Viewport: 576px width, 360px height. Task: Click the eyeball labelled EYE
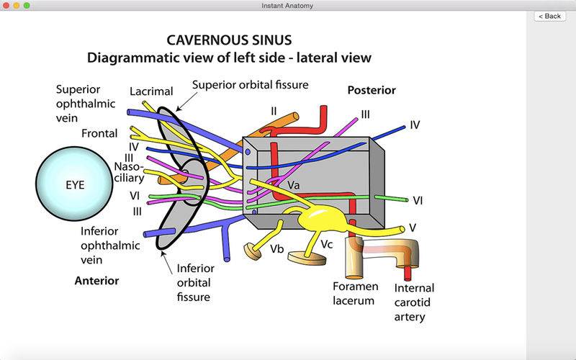tap(74, 184)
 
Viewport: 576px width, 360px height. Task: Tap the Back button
tap(549, 16)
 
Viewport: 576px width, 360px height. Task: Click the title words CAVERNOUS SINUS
tap(229, 40)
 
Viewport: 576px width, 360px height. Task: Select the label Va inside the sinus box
tap(293, 185)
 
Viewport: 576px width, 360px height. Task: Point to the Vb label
tap(277, 249)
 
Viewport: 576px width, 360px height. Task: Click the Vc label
tap(327, 244)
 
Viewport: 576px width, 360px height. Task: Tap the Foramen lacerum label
tap(355, 293)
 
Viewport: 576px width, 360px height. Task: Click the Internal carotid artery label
tap(414, 302)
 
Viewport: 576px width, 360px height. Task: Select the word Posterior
tap(372, 91)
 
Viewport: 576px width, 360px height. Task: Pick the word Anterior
tap(96, 281)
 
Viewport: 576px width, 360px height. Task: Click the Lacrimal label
tap(151, 91)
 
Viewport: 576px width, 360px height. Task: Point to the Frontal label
tap(99, 133)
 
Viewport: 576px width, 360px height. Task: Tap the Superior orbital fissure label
tap(250, 85)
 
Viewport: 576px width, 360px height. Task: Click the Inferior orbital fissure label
tap(195, 282)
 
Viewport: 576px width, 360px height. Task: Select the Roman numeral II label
tap(274, 111)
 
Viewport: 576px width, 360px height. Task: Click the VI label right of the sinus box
tap(418, 201)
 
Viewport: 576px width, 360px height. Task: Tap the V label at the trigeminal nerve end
tap(413, 228)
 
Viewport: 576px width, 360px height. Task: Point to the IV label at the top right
tap(415, 125)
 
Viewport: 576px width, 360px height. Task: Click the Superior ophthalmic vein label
tap(86, 104)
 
